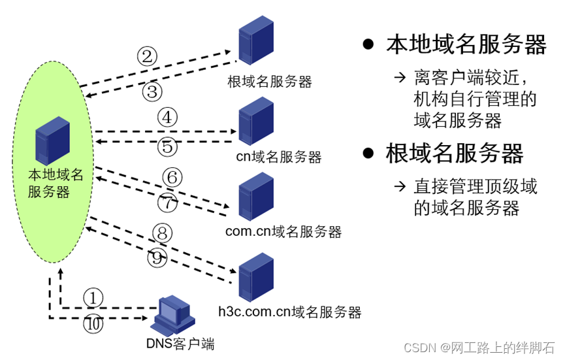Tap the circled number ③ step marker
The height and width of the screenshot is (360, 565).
click(152, 92)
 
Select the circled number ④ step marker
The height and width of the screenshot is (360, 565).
click(167, 118)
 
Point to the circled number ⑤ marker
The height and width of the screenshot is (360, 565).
click(167, 147)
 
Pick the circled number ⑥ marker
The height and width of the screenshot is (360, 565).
click(172, 177)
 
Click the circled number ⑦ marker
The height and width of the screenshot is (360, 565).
click(168, 204)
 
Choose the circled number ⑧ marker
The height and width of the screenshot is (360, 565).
click(161, 232)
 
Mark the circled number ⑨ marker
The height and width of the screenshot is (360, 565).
click(157, 258)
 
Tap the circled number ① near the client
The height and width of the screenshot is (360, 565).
click(93, 298)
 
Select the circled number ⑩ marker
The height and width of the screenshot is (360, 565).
click(93, 325)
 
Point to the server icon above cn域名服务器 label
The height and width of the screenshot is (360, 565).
click(255, 121)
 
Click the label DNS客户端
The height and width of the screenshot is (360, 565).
click(180, 344)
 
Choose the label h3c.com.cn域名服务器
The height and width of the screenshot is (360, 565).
click(289, 312)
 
